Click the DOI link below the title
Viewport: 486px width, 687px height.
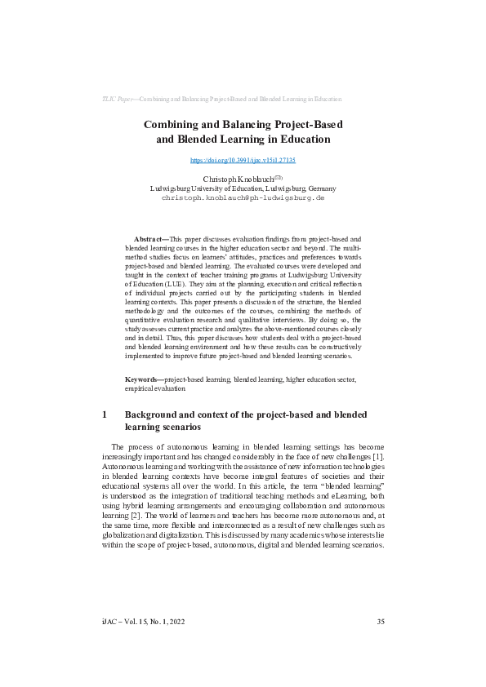pos(243,161)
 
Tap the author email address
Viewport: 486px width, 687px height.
pos(243,197)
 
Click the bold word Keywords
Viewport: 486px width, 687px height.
pos(142,379)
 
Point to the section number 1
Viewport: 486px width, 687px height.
pos(105,414)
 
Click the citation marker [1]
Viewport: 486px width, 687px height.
pos(380,456)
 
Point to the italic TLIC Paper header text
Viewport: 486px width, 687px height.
pos(115,99)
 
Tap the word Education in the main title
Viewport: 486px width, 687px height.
pos(300,139)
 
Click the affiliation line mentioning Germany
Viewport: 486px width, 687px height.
pos(243,188)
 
